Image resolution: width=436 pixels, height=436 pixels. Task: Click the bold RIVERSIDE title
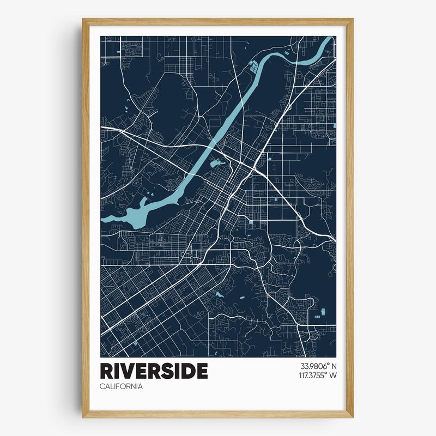tap(154, 371)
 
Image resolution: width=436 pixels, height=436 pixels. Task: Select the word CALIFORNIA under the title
tap(121, 386)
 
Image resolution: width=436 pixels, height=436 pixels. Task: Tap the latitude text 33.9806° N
tap(318, 366)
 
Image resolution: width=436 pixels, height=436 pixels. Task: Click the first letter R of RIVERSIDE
tap(106, 371)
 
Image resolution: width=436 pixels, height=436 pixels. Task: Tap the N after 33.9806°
tap(334, 366)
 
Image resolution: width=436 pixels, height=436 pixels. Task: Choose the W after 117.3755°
tap(333, 375)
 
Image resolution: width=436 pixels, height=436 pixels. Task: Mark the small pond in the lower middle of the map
tap(219, 294)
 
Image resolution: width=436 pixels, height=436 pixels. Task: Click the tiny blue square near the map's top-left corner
tap(119, 52)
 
